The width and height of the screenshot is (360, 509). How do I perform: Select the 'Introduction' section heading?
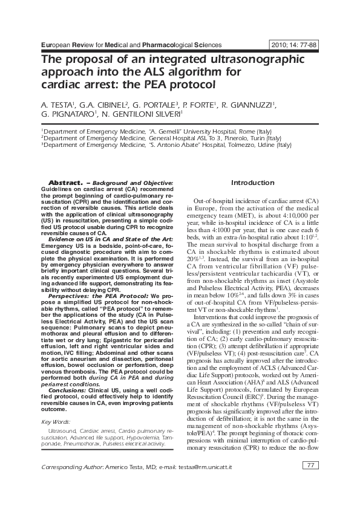click(x=253, y=183)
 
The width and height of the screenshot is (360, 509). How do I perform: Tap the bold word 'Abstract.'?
click(x=65, y=183)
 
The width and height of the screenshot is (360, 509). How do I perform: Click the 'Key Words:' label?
click(x=55, y=421)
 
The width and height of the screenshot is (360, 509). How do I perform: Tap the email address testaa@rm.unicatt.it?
click(x=206, y=467)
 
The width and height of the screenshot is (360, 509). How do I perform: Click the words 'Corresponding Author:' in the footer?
click(x=71, y=467)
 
